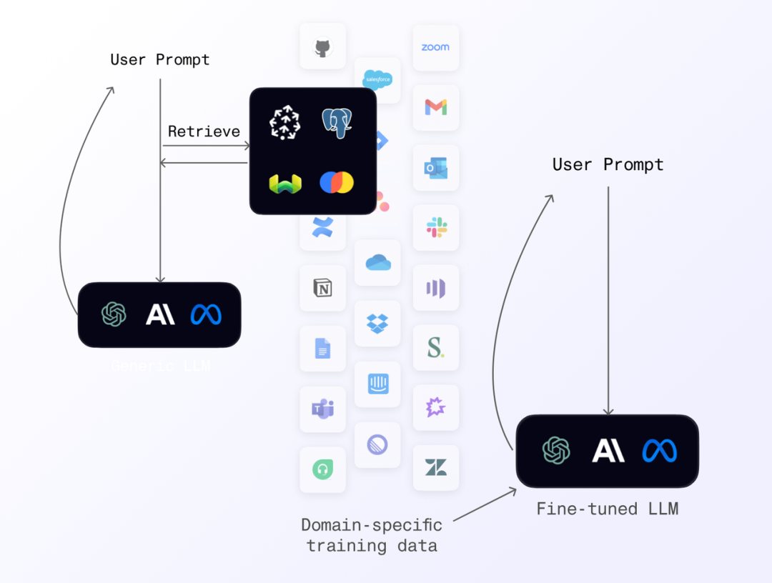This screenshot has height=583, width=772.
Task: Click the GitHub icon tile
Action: pos(322,47)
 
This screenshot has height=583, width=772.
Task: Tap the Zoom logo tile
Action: pos(435,47)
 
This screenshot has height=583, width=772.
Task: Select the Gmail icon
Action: pos(435,107)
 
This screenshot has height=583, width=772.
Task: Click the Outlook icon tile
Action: pos(435,168)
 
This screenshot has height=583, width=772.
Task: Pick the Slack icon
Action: pos(436,228)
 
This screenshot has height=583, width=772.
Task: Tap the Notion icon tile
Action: pos(322,288)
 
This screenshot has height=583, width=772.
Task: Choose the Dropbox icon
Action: pos(377,324)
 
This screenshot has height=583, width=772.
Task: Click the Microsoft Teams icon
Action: pos(322,409)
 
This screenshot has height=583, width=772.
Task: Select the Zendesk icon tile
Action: pos(435,468)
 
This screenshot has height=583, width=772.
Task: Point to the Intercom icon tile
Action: pos(377,384)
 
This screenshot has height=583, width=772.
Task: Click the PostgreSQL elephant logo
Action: pos(337,122)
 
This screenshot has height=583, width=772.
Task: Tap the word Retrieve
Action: pos(204,131)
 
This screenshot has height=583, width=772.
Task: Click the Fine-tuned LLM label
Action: pos(607,509)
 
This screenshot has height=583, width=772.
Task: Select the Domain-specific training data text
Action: pos(372,535)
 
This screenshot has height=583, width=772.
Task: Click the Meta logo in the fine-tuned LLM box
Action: pos(659,451)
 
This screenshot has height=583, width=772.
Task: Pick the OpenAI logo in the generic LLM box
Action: pos(114,314)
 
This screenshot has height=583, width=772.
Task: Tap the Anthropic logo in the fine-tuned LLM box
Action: pos(608,451)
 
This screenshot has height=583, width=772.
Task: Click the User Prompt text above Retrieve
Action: pos(160,59)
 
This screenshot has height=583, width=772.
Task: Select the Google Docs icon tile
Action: pos(322,349)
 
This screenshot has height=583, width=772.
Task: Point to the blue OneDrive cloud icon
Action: pos(377,263)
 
